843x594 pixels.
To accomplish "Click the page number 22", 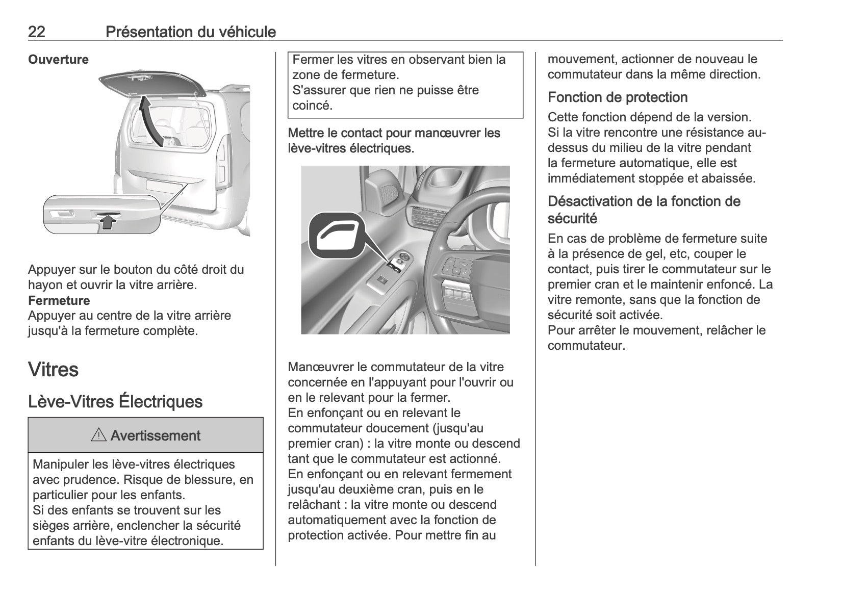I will (37, 32).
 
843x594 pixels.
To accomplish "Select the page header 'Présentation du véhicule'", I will (190, 32).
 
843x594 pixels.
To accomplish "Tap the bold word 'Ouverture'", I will (58, 60).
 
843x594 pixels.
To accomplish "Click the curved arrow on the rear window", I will (151, 120).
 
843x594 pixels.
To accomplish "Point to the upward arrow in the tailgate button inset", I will (107, 222).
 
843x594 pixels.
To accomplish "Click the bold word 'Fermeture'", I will (59, 300).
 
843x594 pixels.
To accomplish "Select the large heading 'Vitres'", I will (53, 369).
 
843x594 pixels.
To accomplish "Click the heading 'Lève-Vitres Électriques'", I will (115, 402).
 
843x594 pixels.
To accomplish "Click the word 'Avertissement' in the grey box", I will (156, 436).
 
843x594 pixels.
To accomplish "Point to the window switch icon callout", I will (337, 238).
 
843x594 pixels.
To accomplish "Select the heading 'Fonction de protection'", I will (618, 97).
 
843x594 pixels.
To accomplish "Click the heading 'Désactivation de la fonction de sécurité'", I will (644, 210).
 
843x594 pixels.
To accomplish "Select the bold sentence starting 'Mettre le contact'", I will (394, 141).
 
